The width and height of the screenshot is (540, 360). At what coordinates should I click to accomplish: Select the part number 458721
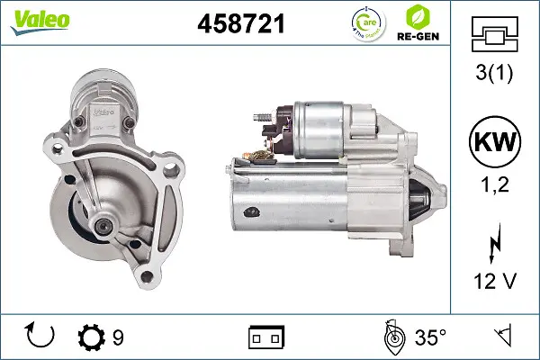coord(240,24)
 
